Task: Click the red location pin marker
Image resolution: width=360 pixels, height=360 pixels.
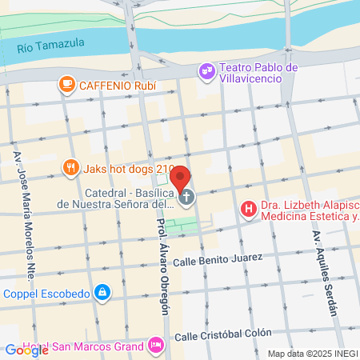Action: coord(181,178)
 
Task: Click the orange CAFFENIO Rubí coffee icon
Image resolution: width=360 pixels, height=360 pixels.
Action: coord(66,83)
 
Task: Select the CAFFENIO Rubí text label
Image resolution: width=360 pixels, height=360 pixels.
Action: coord(115,84)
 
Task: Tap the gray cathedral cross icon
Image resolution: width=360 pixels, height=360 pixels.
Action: coord(186,198)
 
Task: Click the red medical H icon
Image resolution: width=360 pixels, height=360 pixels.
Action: coord(249,210)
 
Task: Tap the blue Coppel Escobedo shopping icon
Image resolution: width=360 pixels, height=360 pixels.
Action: coord(102,293)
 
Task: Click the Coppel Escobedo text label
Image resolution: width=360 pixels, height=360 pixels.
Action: coord(45,294)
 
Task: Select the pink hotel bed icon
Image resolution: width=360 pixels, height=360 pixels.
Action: coord(156,346)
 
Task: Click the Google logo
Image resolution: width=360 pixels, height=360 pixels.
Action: coord(26,350)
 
